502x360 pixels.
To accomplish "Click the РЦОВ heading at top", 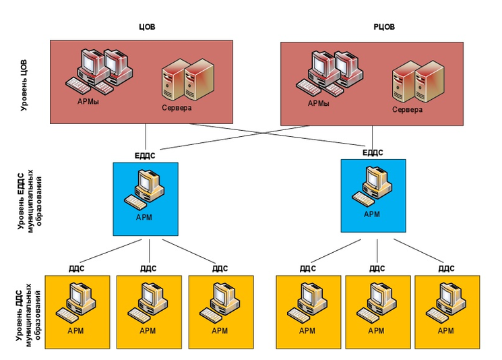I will (x=384, y=27).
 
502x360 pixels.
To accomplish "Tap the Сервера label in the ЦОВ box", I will (x=177, y=108).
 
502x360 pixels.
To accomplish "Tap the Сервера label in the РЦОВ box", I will (x=408, y=109).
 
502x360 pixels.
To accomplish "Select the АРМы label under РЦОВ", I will (x=318, y=104).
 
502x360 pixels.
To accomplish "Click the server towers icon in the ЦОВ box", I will (x=187, y=79).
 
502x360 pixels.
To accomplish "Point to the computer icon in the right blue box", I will (x=372, y=187).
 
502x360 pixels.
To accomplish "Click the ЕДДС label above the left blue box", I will (x=145, y=155).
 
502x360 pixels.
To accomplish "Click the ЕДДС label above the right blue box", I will (x=373, y=152).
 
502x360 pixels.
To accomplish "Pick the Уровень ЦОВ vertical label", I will (x=24, y=83).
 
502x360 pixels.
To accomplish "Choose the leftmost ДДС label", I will (x=76, y=268).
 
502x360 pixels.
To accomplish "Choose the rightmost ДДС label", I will (x=446, y=268).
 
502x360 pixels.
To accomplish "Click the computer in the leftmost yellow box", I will (x=76, y=302).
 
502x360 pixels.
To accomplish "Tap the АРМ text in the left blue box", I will (x=144, y=218).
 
